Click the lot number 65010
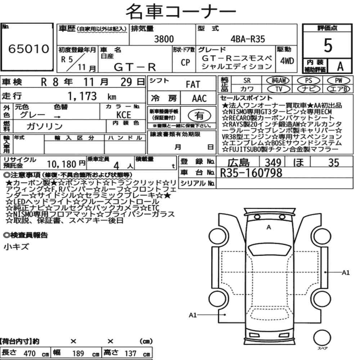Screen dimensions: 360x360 click(x=29, y=49)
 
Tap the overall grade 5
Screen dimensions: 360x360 click(x=328, y=45)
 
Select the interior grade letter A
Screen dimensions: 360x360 click(x=340, y=66)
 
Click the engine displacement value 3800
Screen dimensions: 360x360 click(x=164, y=39)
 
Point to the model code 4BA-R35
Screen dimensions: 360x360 click(x=248, y=39)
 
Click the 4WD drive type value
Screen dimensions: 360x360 click(x=287, y=61)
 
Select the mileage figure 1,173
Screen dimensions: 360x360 click(x=82, y=96)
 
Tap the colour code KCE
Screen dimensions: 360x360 click(x=123, y=114)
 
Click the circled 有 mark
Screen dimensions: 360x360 click(x=199, y=116)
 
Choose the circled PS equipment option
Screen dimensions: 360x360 click(x=309, y=81)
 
